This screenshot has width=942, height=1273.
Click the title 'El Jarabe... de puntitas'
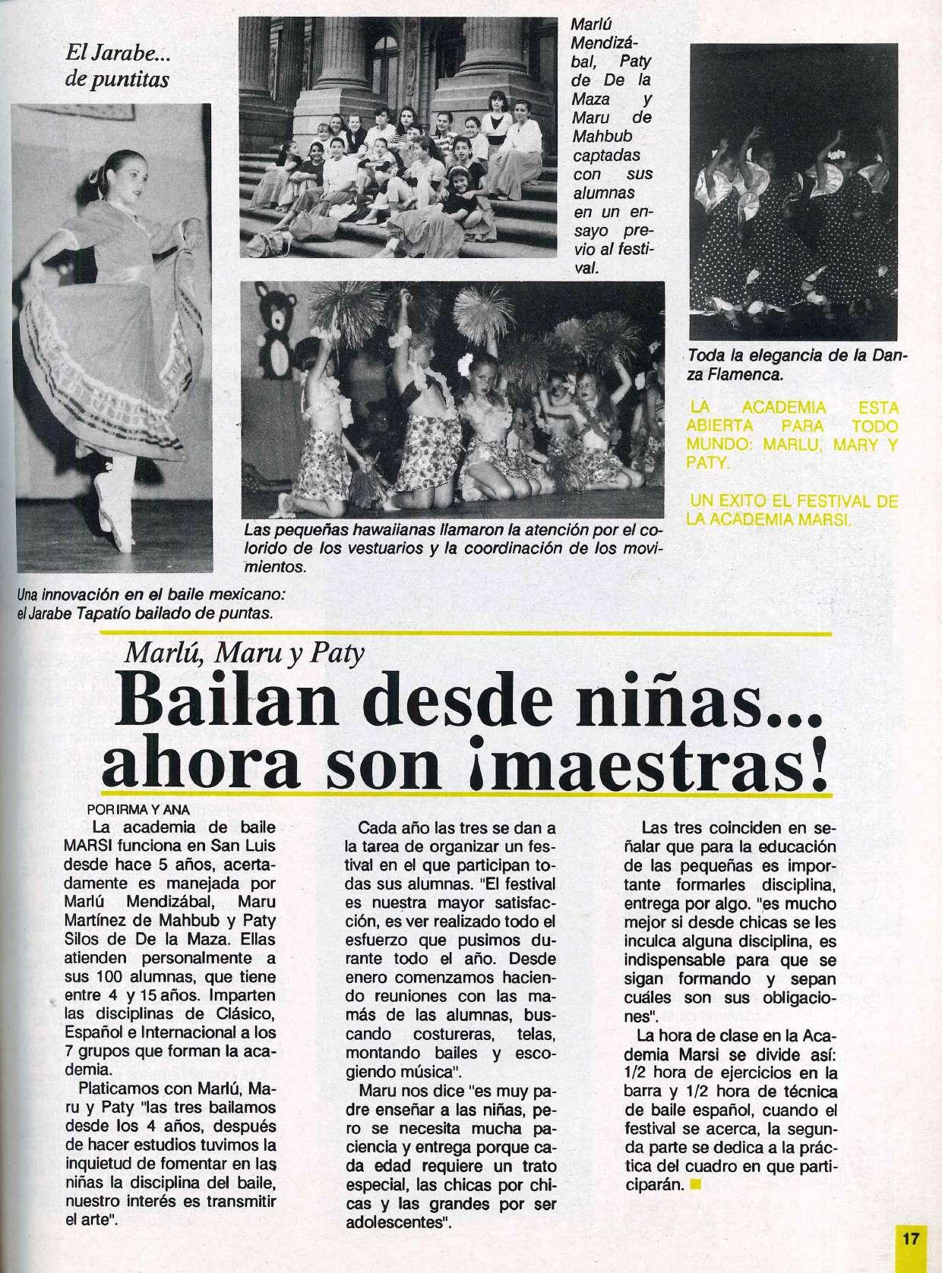click(117, 65)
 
